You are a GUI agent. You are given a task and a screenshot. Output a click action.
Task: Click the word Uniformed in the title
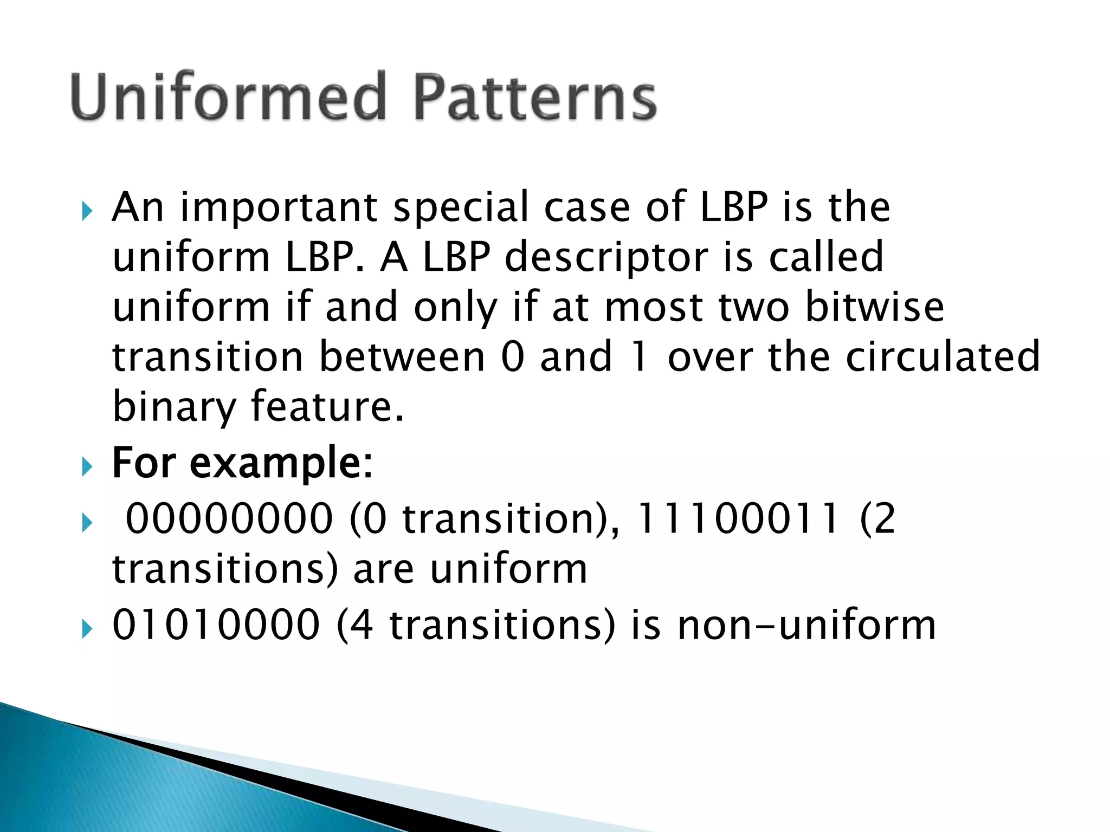pyautogui.click(x=228, y=97)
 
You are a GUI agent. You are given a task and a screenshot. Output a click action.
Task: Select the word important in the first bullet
pyautogui.click(x=279, y=208)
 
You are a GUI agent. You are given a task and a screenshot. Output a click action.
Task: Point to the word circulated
pyautogui.click(x=943, y=357)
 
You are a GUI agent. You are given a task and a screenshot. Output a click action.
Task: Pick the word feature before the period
pyautogui.click(x=323, y=407)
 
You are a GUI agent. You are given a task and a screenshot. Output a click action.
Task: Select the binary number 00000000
pyautogui.click(x=229, y=519)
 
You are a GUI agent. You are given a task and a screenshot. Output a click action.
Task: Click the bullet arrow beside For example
pyautogui.click(x=87, y=466)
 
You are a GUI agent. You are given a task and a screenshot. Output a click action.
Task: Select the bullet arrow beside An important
pyautogui.click(x=87, y=211)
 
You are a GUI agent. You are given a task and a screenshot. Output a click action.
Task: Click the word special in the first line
pyautogui.click(x=460, y=208)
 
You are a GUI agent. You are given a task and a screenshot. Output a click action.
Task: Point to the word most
pyautogui.click(x=654, y=308)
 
